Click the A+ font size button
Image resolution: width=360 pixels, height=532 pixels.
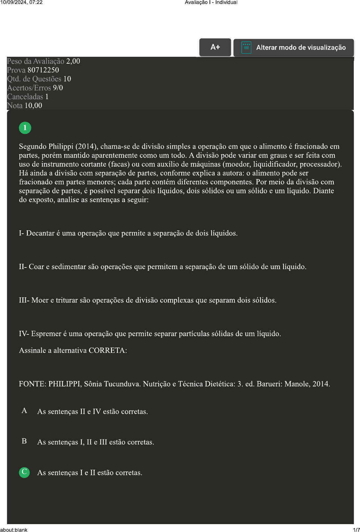click(x=215, y=47)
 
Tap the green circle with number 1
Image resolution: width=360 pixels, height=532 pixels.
click(x=25, y=128)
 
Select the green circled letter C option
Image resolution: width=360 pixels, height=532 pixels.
click(x=24, y=472)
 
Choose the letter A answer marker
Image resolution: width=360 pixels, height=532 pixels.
click(x=24, y=411)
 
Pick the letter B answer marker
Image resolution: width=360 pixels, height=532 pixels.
click(x=24, y=441)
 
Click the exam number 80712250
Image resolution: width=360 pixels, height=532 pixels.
click(x=43, y=70)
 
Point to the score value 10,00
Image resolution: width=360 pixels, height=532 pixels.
click(x=33, y=105)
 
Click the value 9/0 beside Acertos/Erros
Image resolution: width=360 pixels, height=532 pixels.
click(x=58, y=88)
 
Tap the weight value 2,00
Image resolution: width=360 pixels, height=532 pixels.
click(x=73, y=61)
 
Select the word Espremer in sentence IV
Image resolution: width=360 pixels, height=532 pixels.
click(x=46, y=333)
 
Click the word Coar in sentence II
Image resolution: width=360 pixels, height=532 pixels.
click(x=36, y=266)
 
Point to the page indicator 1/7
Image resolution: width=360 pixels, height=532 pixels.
click(x=356, y=529)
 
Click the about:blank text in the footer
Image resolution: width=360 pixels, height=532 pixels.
click(x=14, y=529)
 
